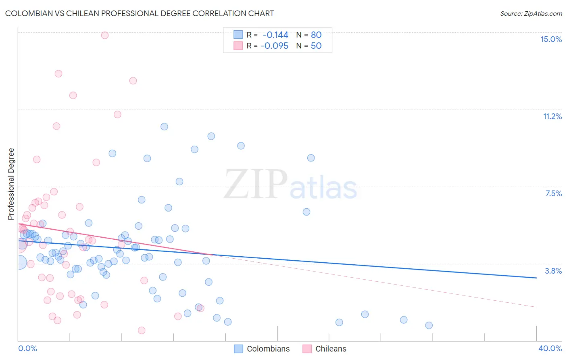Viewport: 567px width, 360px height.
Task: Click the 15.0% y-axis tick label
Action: pos(551,39)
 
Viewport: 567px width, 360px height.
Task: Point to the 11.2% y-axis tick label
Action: pos(552,116)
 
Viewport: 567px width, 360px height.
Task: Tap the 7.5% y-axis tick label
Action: pos(553,193)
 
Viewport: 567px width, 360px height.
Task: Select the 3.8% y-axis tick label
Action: pos(553,271)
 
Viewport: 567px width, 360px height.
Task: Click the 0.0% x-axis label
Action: pos(27,348)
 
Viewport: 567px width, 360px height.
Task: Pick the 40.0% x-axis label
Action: pos(550,348)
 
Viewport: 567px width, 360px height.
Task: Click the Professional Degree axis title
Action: pos(11,184)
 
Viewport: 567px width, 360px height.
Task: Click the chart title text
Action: pos(140,13)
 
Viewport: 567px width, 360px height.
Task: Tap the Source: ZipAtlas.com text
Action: pos(531,13)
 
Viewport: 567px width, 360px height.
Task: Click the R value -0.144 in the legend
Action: pos(275,35)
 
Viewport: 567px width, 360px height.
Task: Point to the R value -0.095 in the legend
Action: pos(274,46)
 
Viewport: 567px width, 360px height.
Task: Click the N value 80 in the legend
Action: pos(316,35)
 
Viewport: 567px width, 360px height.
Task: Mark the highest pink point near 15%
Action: pos(105,35)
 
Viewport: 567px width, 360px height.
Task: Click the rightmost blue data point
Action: pos(429,325)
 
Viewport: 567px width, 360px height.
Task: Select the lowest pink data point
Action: pos(142,331)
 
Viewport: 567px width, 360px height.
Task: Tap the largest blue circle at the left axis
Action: pos(19,262)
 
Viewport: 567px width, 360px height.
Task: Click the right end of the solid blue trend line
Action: pos(536,278)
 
